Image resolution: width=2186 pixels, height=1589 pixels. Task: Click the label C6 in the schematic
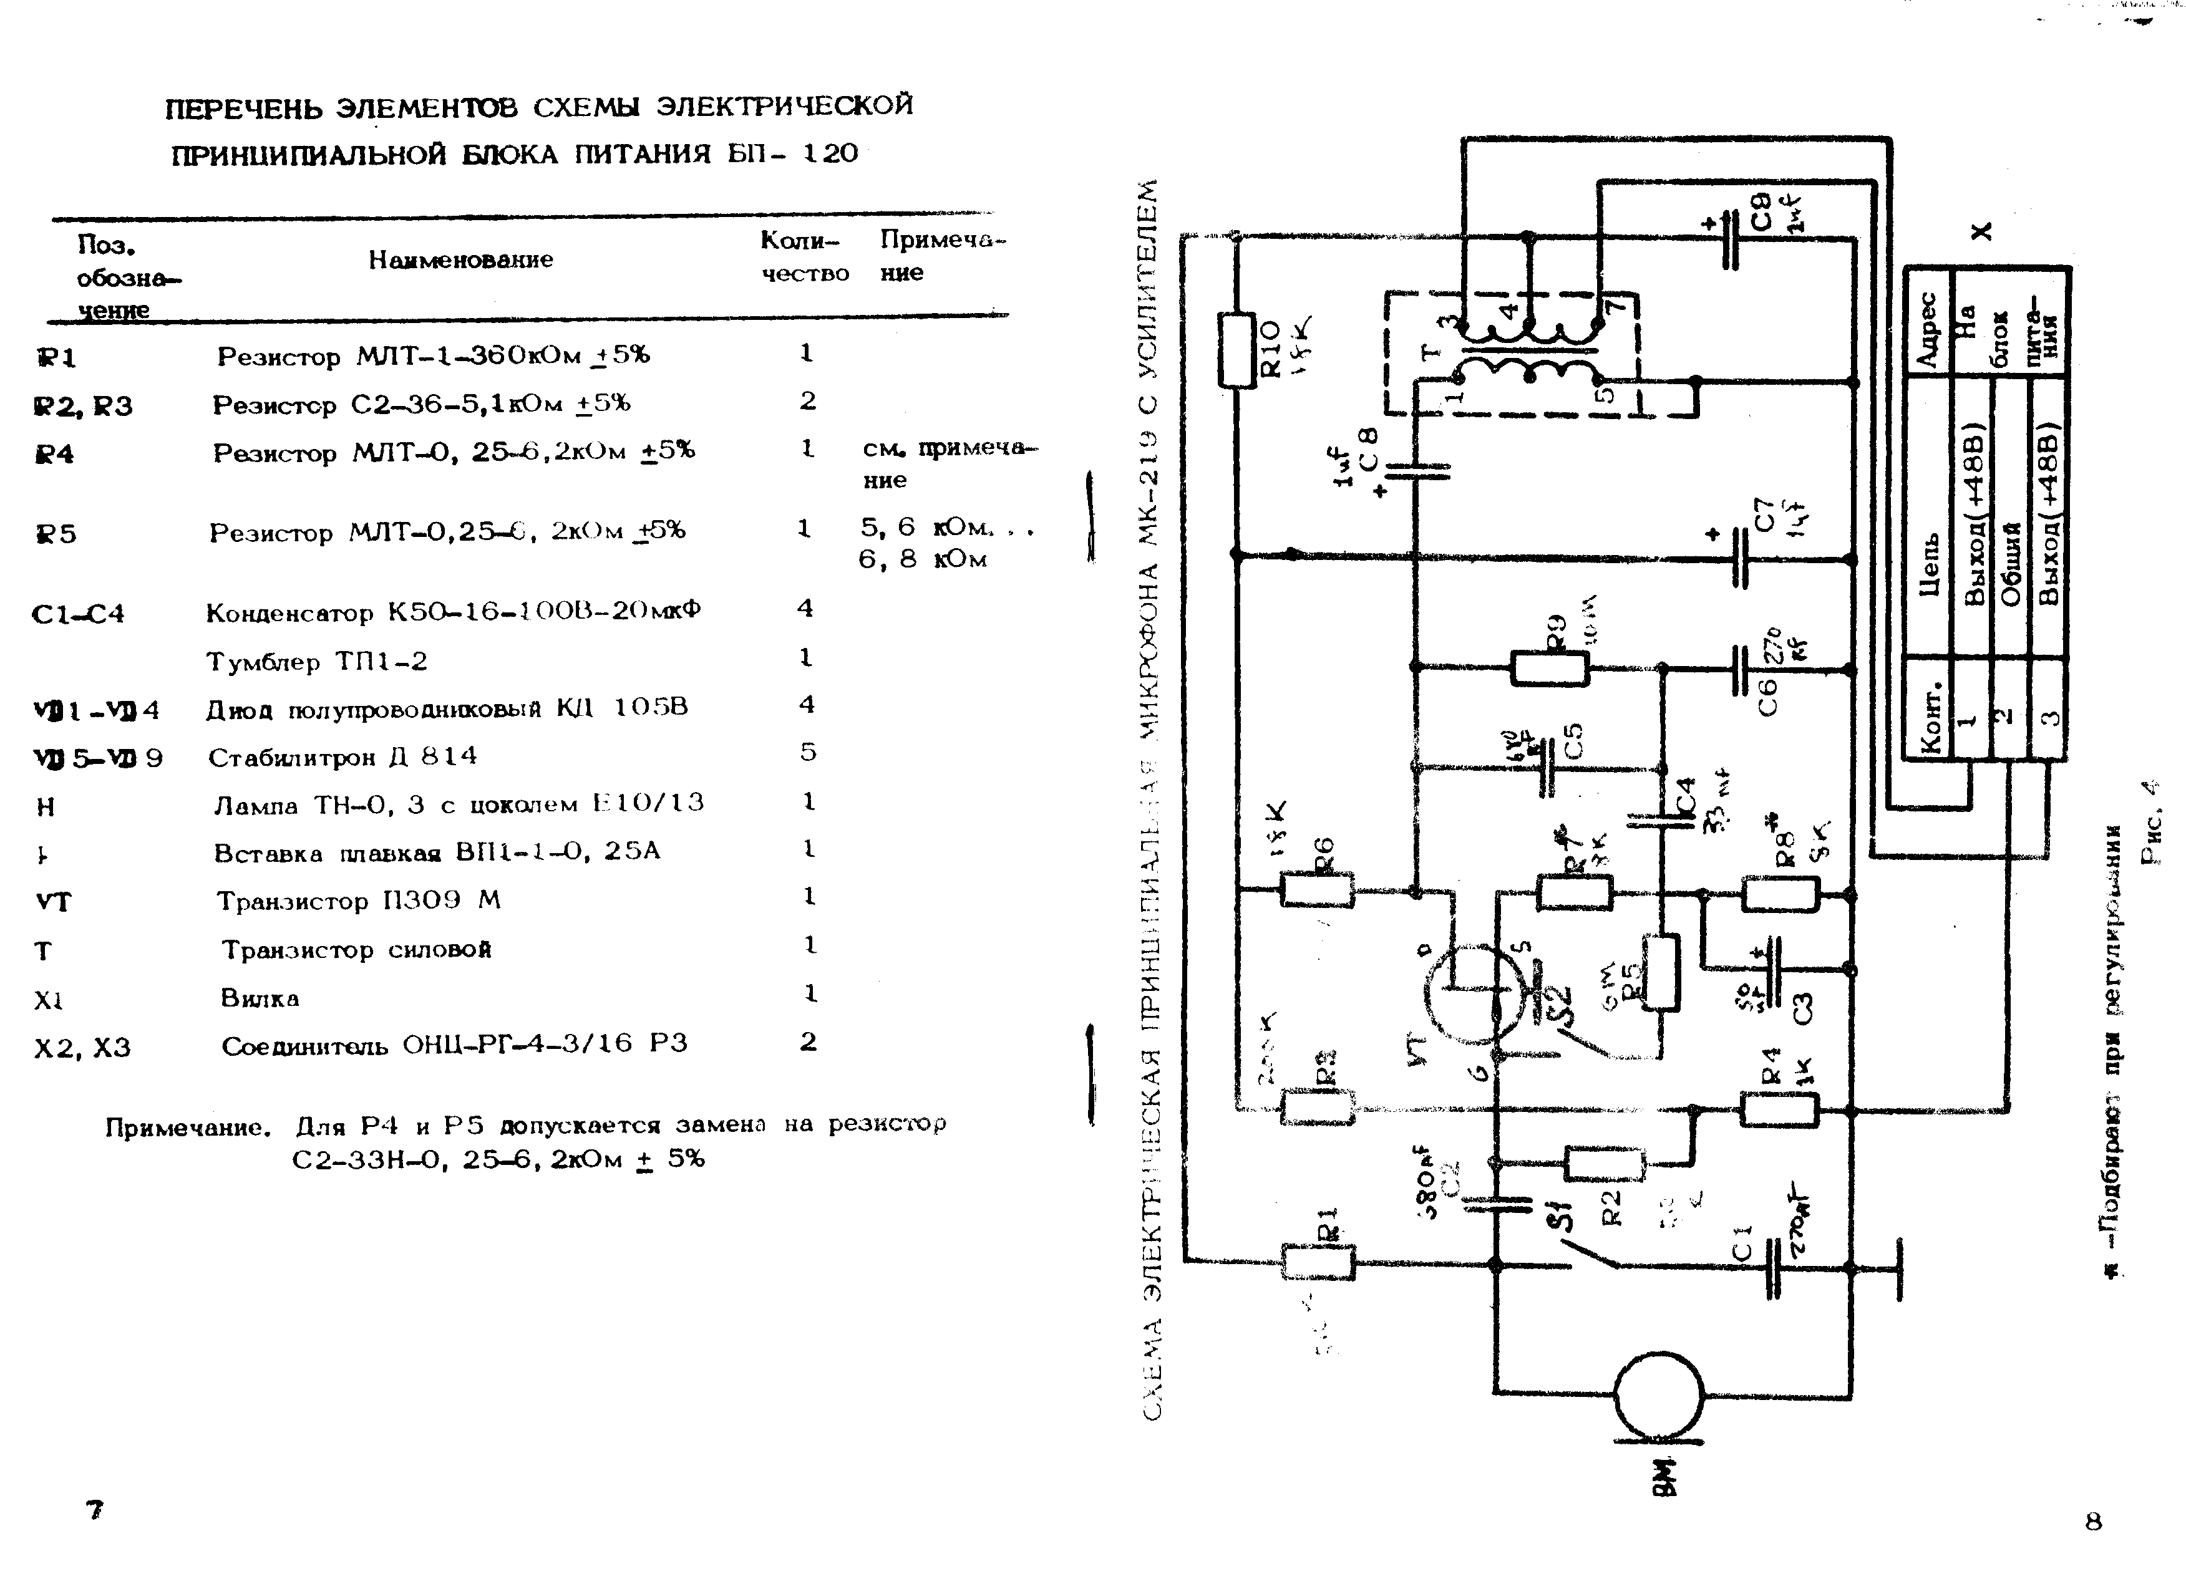click(x=1767, y=696)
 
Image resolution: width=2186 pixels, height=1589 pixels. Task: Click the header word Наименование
click(x=460, y=259)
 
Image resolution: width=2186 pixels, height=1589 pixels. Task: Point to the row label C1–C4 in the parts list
click(x=78, y=614)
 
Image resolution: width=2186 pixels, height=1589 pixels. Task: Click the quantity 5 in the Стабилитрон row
click(x=808, y=751)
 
